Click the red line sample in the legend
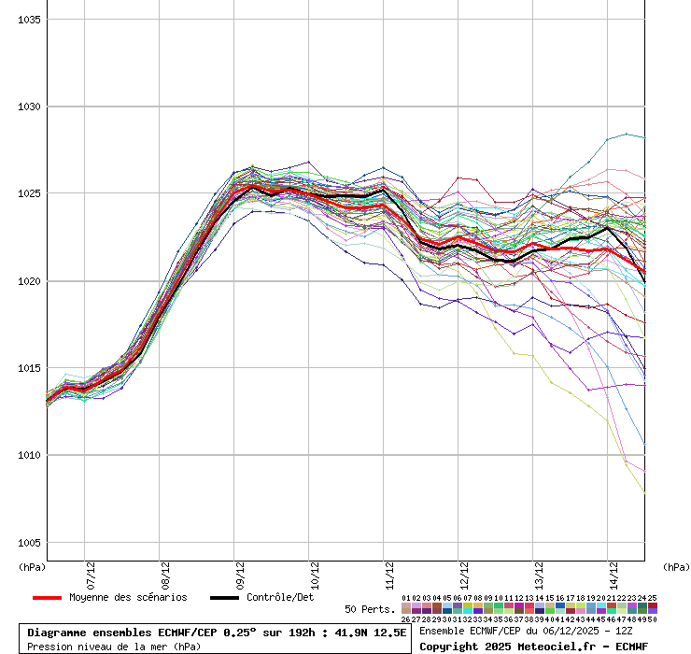[47, 598]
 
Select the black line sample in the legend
[224, 598]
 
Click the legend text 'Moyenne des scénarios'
[128, 598]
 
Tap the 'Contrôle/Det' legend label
[280, 598]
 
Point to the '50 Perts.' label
[369, 609]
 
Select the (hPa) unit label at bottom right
[676, 566]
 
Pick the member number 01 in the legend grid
[406, 598]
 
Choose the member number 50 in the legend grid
[652, 618]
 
